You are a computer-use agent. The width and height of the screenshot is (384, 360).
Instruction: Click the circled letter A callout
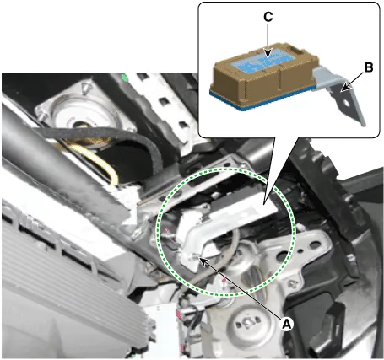point(286,324)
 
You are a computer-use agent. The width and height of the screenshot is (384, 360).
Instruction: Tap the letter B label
point(369,67)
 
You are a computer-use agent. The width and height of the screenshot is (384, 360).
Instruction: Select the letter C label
point(268,17)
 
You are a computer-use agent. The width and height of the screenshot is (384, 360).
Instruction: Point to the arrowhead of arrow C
point(268,55)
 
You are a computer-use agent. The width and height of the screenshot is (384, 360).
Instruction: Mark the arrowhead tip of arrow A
point(199,258)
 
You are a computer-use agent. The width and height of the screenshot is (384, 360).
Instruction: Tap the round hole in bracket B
point(346,104)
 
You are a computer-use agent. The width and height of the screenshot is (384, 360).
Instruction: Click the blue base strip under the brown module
point(262,99)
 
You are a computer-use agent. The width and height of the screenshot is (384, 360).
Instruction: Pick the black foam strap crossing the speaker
point(104,137)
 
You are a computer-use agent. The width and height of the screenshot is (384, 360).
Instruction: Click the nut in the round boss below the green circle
point(247,323)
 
